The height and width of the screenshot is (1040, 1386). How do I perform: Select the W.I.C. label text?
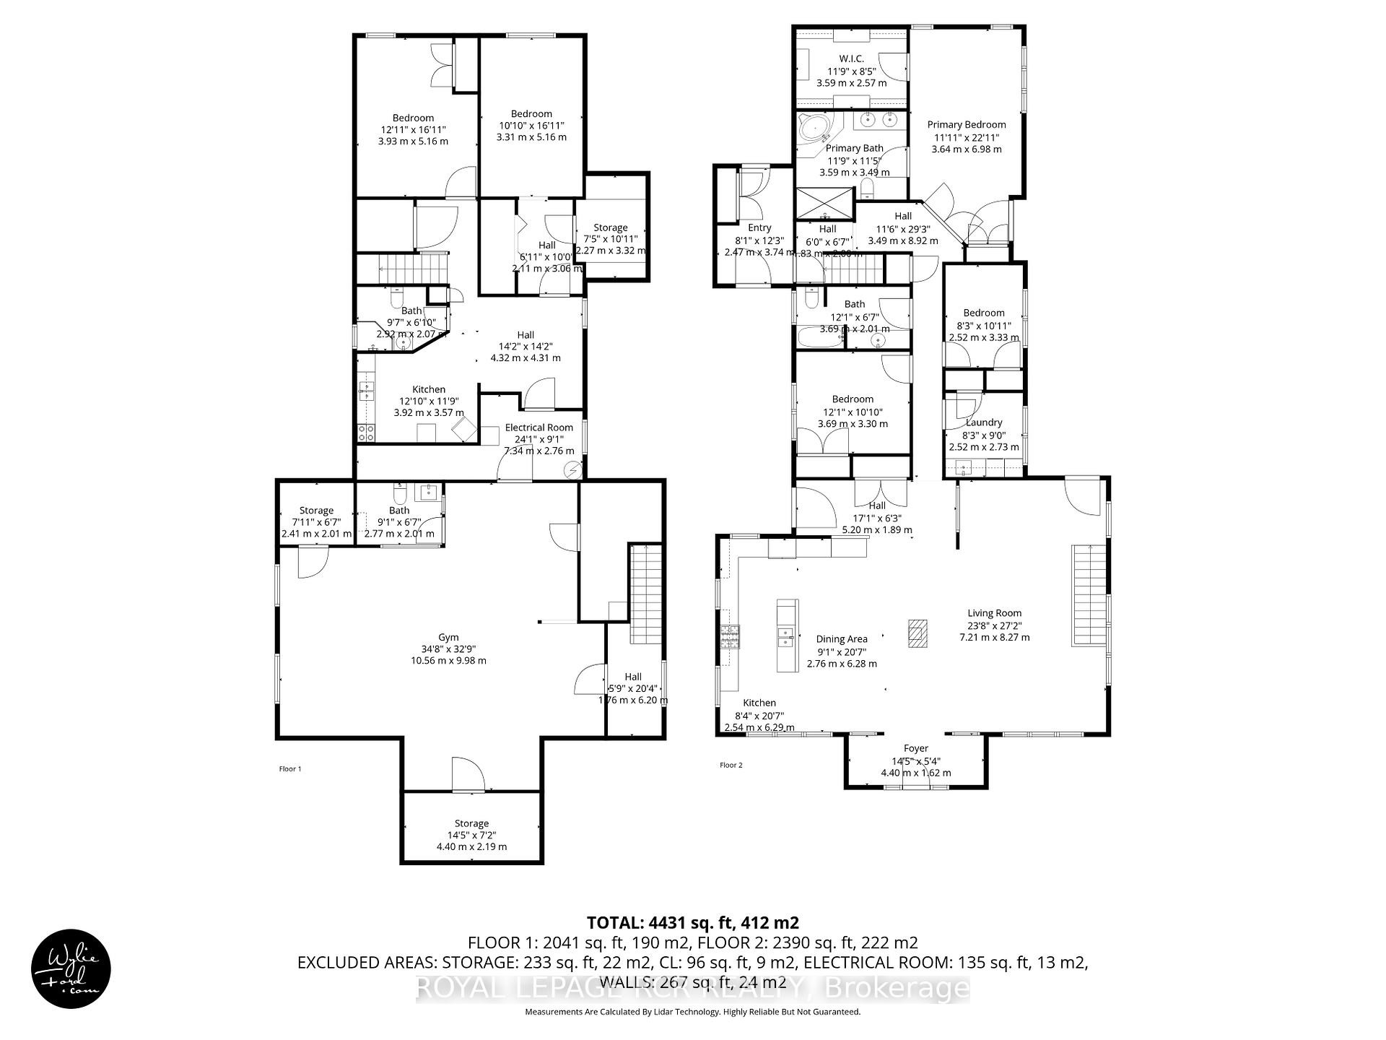click(x=851, y=59)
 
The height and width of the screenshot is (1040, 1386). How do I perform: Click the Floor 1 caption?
click(x=290, y=769)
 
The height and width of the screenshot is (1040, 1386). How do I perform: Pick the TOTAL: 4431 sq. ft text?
click(x=692, y=923)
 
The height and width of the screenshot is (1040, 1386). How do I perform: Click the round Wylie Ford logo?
click(x=71, y=968)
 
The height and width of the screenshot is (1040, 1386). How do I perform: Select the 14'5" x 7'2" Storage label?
click(x=471, y=835)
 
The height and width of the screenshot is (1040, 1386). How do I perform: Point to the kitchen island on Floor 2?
click(x=787, y=636)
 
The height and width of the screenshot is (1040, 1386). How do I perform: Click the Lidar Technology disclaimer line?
click(x=692, y=1012)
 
